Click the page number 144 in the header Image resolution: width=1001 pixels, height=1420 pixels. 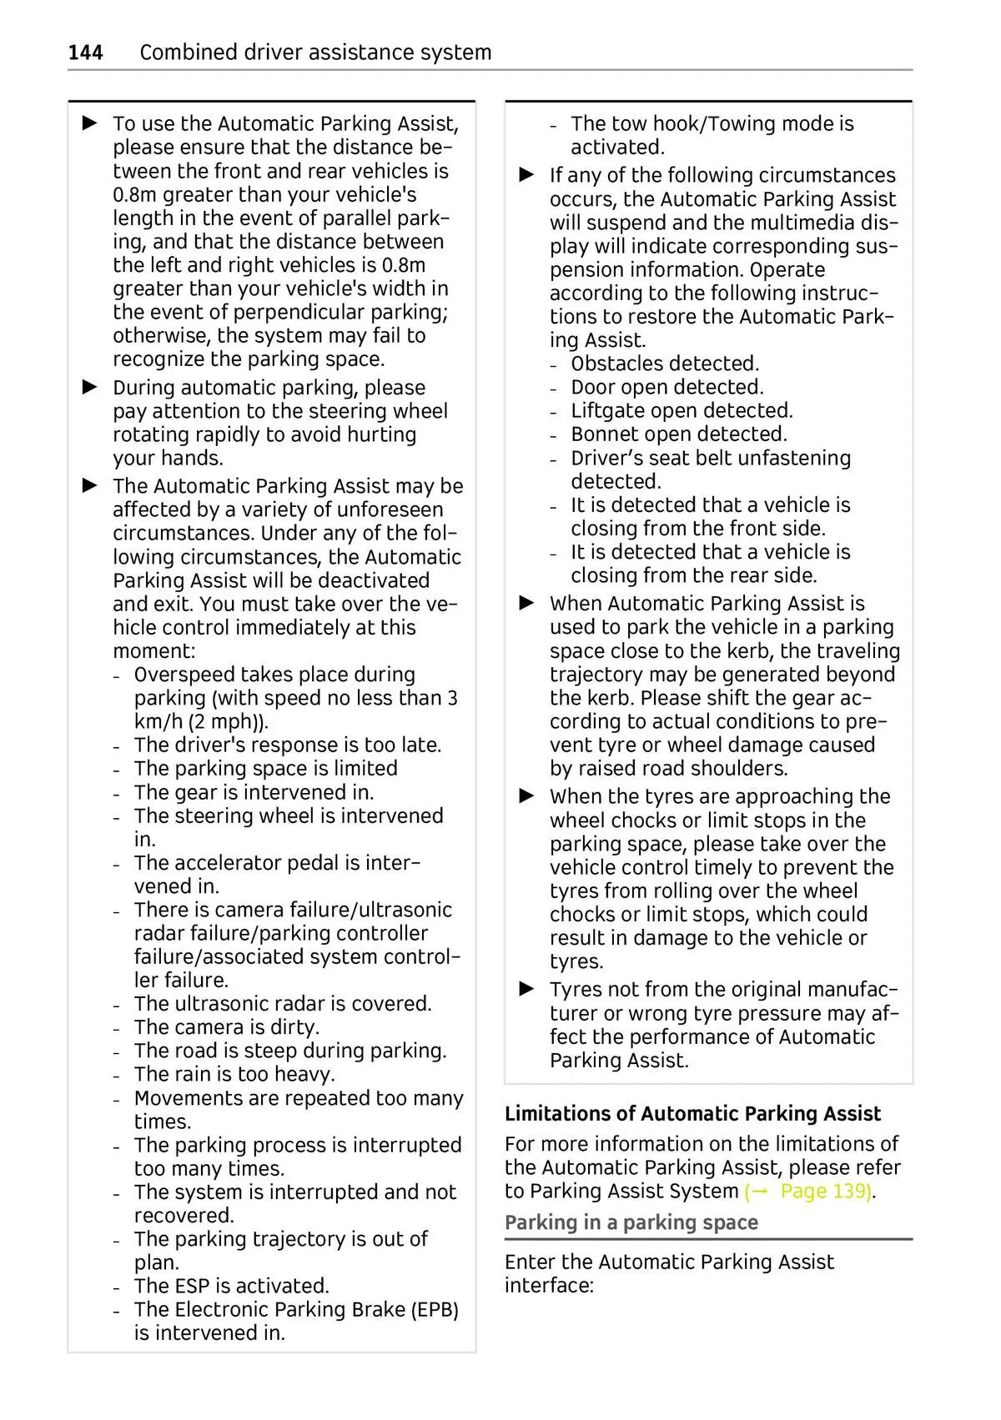coord(85,53)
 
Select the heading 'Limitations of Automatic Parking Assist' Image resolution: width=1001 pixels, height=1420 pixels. coord(692,1114)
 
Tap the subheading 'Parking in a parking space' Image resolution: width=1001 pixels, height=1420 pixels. coord(631,1223)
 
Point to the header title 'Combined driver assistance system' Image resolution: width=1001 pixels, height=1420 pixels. coord(315,53)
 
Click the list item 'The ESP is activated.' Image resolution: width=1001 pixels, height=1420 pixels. coord(231,1286)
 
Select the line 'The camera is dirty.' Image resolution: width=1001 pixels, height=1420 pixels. coord(226,1027)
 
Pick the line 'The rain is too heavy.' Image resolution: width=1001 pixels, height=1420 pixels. coord(234,1074)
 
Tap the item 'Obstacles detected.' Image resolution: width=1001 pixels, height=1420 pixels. coord(665,364)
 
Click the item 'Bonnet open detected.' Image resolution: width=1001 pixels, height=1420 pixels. coord(678,434)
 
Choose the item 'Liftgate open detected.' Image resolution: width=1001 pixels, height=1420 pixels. coord(682,411)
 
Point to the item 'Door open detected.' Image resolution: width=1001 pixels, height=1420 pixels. coord(666,387)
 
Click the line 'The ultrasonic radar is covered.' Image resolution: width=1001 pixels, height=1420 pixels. coord(283,1004)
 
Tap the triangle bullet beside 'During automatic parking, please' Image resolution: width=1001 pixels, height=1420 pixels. coord(90,387)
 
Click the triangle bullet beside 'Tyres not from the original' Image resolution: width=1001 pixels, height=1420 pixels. coord(527,989)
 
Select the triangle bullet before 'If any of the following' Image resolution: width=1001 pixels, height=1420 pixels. coord(527,175)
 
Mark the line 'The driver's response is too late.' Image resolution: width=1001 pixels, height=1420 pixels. coord(288,745)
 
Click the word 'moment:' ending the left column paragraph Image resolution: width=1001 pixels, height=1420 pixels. coord(154,651)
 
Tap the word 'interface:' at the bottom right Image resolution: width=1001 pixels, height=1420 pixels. coord(549,1286)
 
